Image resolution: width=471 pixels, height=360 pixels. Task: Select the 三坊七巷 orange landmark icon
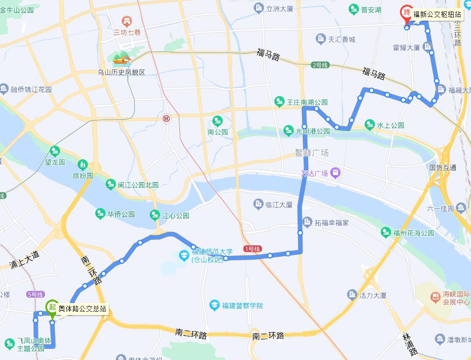coord(126,21)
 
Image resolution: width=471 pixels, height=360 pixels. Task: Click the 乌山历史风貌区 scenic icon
coord(122,59)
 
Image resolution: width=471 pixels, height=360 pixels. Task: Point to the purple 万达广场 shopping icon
coord(336,173)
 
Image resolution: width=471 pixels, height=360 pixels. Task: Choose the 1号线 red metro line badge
coord(252,249)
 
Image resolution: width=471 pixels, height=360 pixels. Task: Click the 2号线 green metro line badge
coord(320,65)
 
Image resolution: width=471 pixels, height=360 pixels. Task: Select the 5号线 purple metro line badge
coord(35,294)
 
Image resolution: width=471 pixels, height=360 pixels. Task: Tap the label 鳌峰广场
coord(312,153)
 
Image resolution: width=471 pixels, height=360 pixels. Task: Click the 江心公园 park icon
coord(155,215)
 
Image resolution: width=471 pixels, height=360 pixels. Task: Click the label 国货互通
coord(443,167)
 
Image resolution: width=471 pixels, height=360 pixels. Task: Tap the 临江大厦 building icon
coord(258,205)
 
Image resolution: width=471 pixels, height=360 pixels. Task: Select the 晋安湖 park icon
coord(353,9)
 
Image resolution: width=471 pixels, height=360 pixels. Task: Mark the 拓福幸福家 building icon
coord(307,223)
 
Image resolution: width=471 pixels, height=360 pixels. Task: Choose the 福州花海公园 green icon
coord(386,233)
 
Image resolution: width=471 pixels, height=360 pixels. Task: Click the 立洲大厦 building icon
coord(259,8)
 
